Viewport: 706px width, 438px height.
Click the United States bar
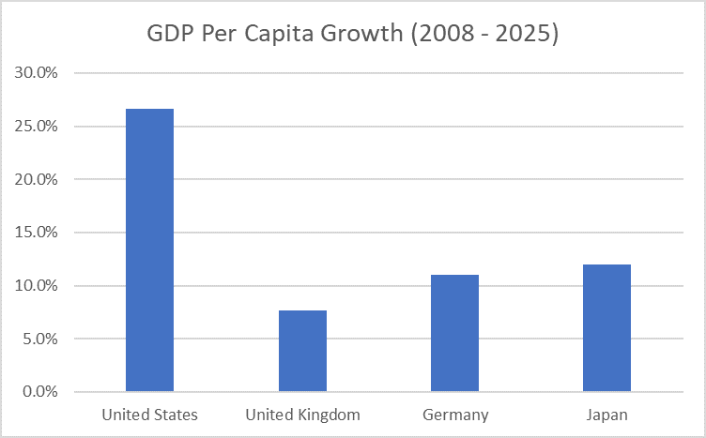pyautogui.click(x=149, y=250)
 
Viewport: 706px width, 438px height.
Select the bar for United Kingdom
pyautogui.click(x=302, y=351)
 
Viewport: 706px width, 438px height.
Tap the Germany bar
pyautogui.click(x=454, y=333)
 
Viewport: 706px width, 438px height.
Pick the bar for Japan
pyautogui.click(x=606, y=327)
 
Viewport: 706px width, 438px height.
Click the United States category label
pyautogui.click(x=149, y=415)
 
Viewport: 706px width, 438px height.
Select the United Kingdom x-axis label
pyautogui.click(x=302, y=415)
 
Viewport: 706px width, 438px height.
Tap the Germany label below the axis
pyautogui.click(x=454, y=415)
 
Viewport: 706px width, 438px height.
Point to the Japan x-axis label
pyautogui.click(x=606, y=415)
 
